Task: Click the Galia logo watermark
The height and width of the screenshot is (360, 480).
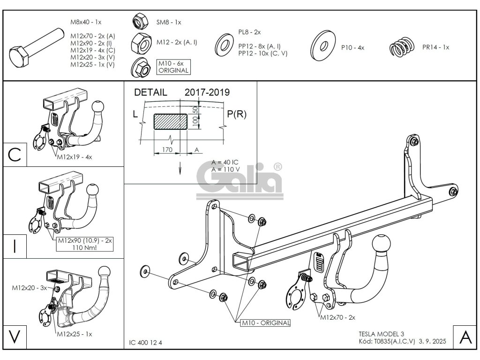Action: coord(242,179)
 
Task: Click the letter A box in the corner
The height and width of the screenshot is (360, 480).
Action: coord(465,337)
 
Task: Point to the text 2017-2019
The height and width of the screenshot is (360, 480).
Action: coord(207,92)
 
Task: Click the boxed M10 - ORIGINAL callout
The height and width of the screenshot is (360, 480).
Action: coord(265,323)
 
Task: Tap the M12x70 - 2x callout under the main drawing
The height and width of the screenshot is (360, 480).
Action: coord(337,317)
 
